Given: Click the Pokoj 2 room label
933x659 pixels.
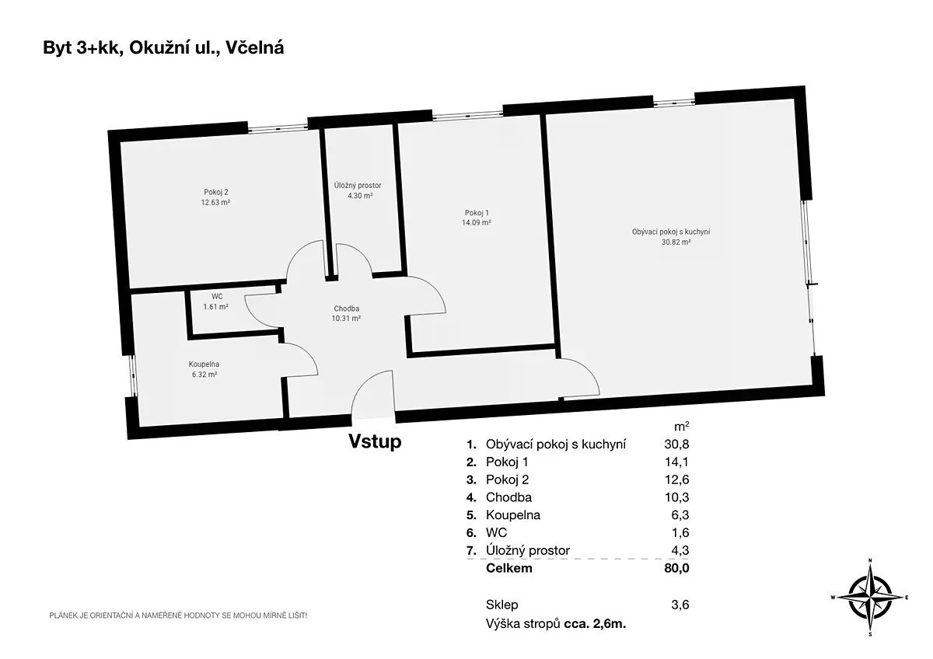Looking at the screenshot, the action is (216, 192).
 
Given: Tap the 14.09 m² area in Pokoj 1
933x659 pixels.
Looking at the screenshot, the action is (476, 223).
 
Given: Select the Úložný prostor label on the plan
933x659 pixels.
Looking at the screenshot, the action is (358, 185).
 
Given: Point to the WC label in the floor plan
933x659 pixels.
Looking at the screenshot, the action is (217, 296).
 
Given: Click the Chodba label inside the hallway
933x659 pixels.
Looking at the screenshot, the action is (346, 309).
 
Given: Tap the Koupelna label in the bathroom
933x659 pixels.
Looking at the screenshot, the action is (204, 364).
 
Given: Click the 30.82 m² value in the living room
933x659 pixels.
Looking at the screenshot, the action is (676, 242).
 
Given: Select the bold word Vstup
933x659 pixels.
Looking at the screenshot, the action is (375, 441).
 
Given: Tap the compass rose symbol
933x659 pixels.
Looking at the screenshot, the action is (870, 598).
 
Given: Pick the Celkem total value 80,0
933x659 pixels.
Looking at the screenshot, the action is (676, 568).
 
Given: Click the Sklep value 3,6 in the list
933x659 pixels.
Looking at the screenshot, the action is (680, 605).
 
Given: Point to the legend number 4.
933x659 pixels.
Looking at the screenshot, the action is (471, 497).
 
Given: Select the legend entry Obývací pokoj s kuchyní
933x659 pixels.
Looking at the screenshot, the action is (556, 445).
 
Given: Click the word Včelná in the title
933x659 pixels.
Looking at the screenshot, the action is (254, 48).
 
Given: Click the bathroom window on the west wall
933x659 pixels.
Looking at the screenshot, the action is (132, 376).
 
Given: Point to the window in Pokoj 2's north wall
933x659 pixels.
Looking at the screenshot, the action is (278, 127).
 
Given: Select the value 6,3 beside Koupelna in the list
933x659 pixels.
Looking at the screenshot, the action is (680, 515).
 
